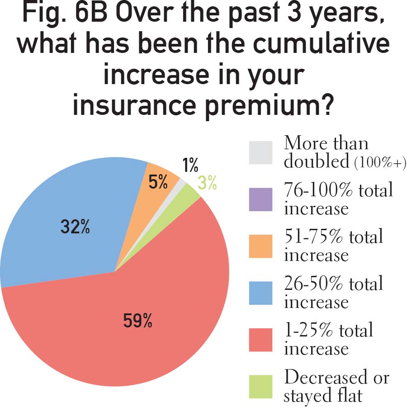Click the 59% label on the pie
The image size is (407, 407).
tap(138, 321)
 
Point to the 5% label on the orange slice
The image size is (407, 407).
tap(158, 182)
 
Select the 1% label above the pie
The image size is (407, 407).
tap(190, 166)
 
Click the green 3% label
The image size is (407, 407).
tap(207, 184)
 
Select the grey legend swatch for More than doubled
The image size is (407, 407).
tap(260, 153)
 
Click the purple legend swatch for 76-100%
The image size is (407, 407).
tap(260, 199)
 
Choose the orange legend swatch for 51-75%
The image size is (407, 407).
tap(260, 246)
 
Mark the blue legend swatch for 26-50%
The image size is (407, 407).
tap(260, 293)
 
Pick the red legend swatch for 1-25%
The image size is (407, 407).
tap(260, 340)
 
